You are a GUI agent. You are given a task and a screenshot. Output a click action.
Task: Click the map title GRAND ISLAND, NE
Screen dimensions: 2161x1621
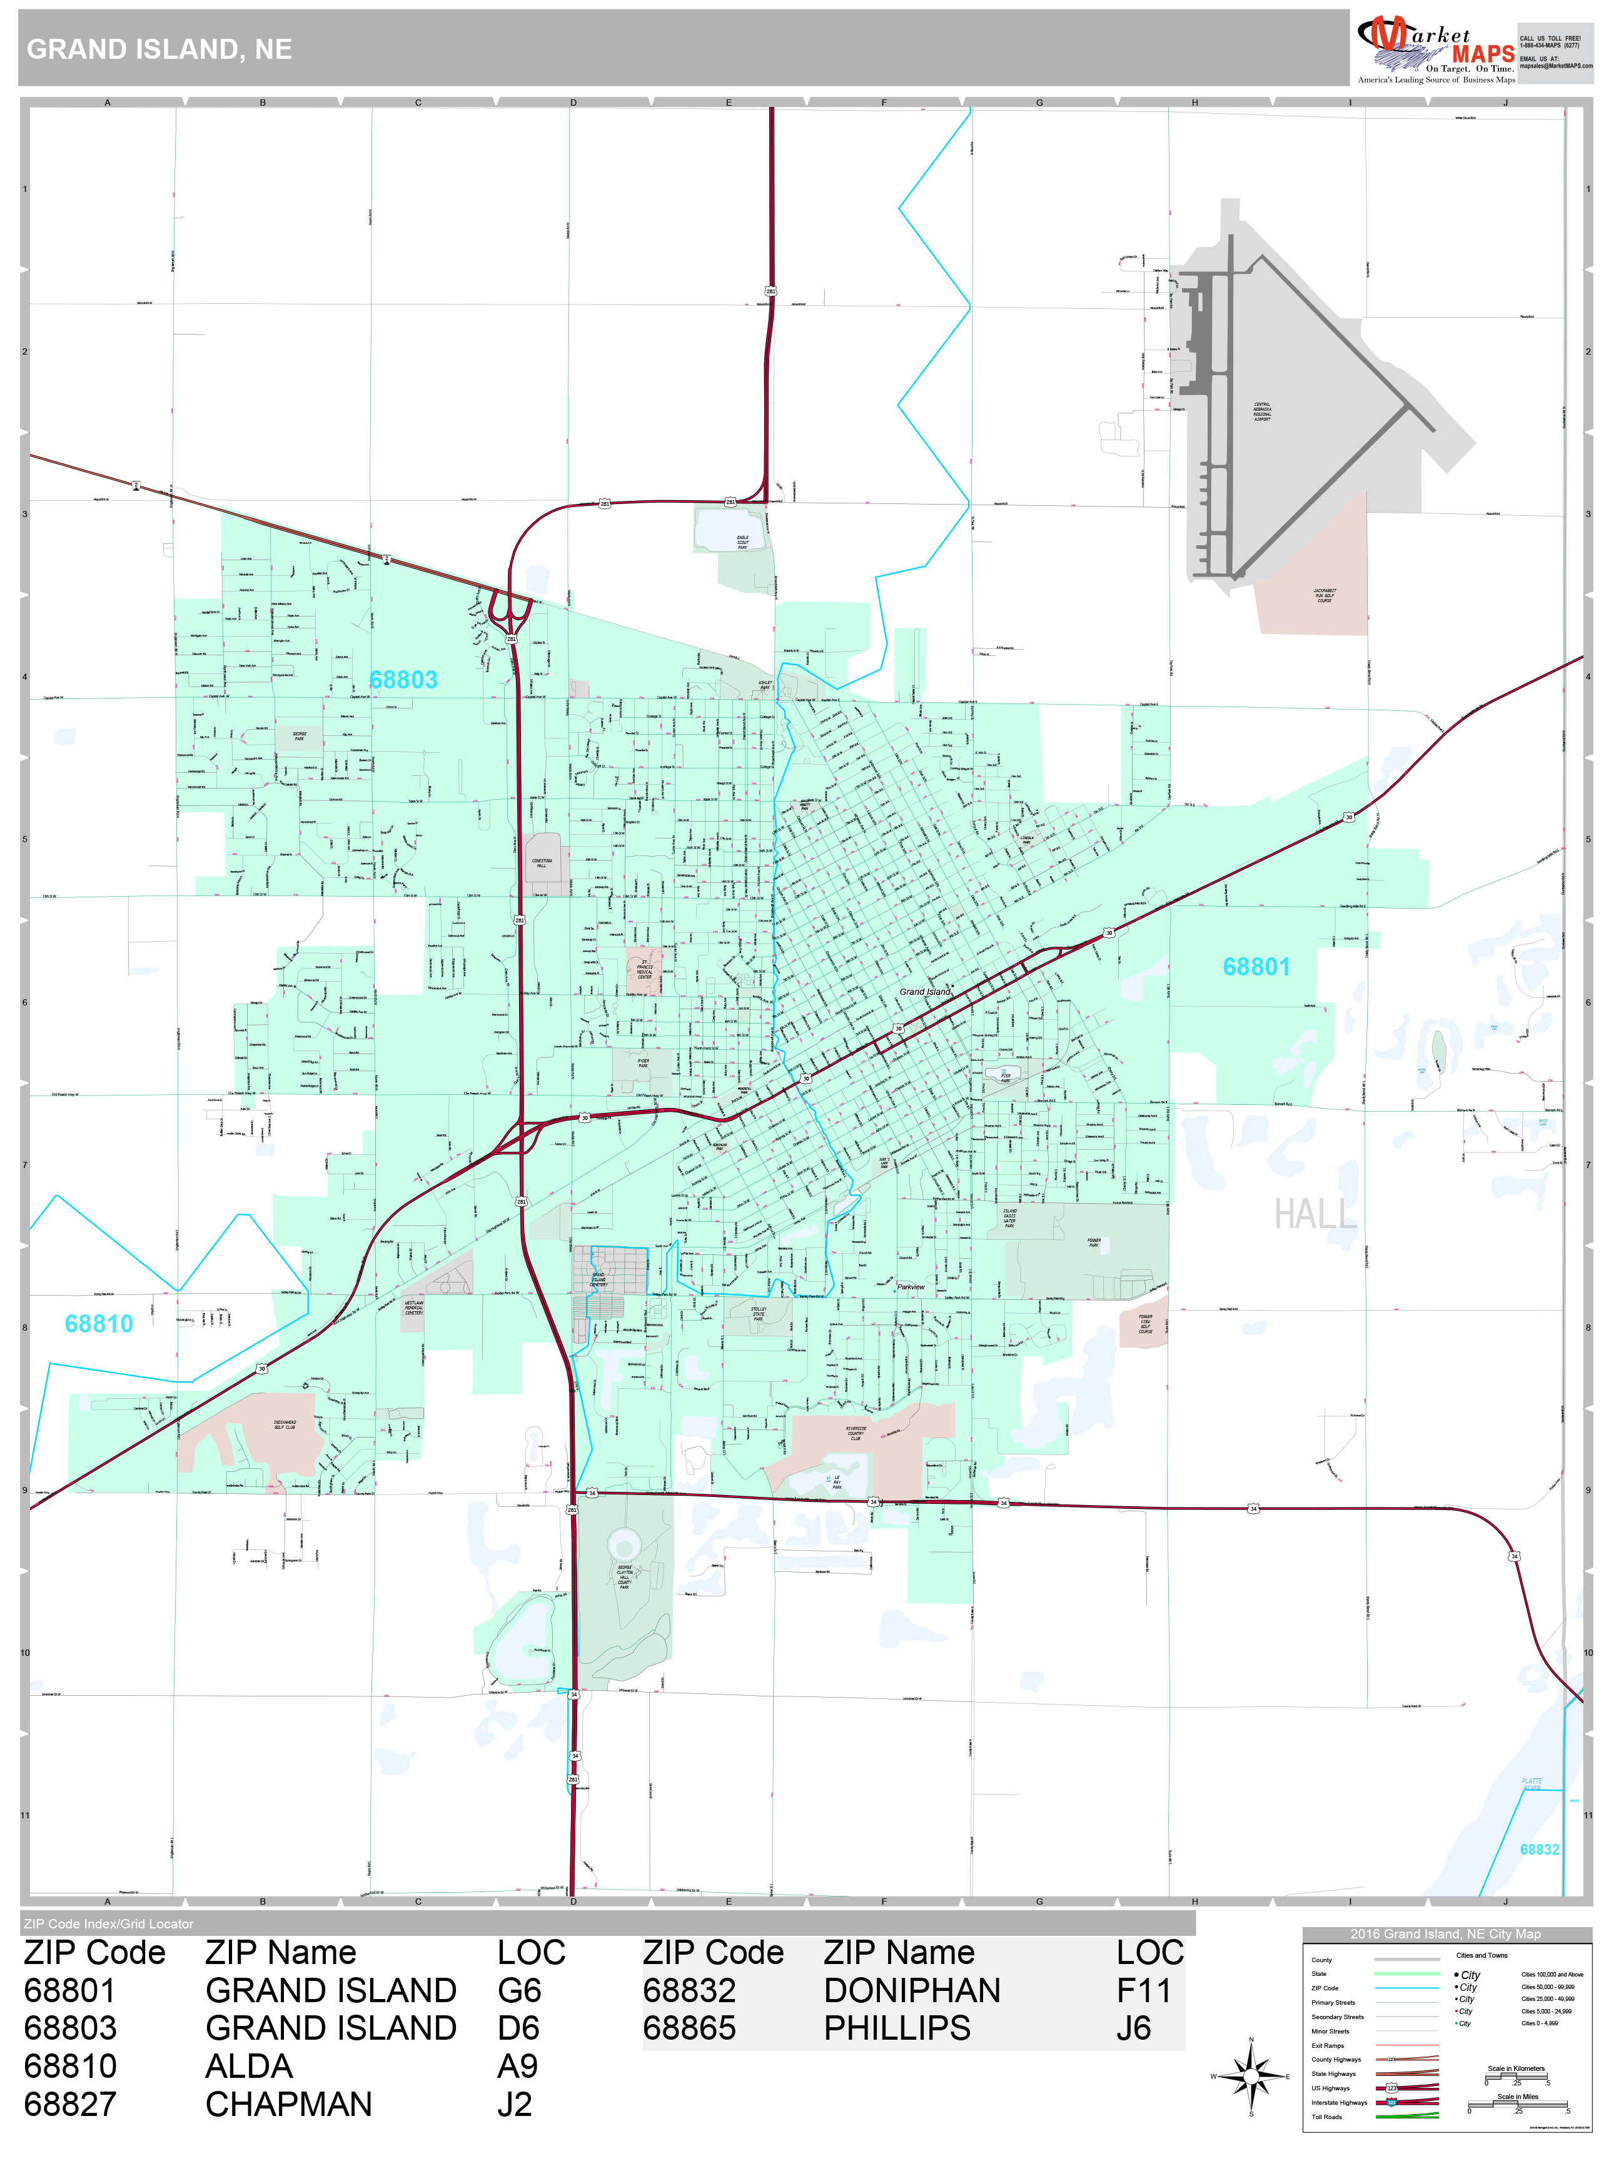[x=159, y=50]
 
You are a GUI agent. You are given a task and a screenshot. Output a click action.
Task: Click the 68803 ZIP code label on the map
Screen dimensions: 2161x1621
[x=403, y=680]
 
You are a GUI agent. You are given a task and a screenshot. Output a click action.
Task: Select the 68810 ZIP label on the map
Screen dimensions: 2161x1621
[x=99, y=1324]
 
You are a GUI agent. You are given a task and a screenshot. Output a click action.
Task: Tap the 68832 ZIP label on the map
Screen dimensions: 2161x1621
[x=1539, y=1850]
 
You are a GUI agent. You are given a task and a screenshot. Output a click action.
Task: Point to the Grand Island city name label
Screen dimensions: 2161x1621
[x=924, y=992]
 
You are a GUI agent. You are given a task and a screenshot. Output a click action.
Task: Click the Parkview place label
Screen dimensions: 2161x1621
[x=911, y=1287]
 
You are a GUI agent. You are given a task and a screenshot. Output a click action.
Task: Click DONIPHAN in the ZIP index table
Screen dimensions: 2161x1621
[x=912, y=1990]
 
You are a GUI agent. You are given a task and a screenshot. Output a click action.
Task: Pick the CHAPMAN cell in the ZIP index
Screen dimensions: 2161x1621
[x=288, y=2103]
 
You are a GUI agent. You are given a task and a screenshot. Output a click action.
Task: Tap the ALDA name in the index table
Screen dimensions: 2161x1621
[x=249, y=2066]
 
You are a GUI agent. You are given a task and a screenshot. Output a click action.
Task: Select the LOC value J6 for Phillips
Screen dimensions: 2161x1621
[x=1133, y=2028]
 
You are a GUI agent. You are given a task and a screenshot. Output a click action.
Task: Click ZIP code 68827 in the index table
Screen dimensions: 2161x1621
[x=69, y=2103]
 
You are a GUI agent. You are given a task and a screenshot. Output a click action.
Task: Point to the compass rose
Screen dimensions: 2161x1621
[x=1251, y=2076]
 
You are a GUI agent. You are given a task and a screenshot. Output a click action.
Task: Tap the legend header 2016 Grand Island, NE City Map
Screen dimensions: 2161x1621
[x=1445, y=1933]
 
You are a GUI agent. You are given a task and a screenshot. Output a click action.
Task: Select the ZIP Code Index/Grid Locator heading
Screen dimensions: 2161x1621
[x=108, y=1923]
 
